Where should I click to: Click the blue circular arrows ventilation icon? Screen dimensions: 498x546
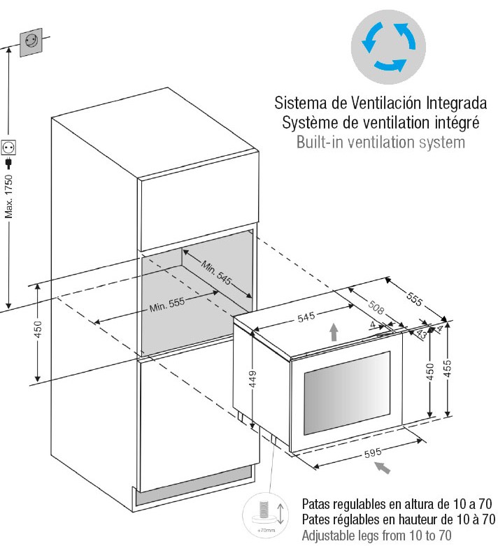pyautogui.click(x=388, y=47)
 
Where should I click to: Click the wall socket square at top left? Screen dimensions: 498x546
pyautogui.click(x=31, y=42)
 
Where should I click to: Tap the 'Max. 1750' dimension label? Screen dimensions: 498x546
pyautogui.click(x=8, y=196)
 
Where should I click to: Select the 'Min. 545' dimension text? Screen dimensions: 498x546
pyautogui.click(x=216, y=273)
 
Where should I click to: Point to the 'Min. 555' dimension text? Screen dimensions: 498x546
pyautogui.click(x=167, y=305)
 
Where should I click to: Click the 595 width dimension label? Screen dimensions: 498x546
pyautogui.click(x=373, y=453)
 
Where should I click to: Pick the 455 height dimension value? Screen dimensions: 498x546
pyautogui.click(x=447, y=368)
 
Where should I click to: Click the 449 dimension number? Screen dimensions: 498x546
pyautogui.click(x=252, y=379)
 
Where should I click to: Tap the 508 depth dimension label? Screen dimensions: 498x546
pyautogui.click(x=376, y=306)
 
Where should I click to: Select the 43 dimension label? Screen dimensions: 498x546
pyautogui.click(x=421, y=333)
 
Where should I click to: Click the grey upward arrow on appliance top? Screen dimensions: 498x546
pyautogui.click(x=334, y=332)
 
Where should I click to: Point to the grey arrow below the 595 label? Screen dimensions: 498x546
pyautogui.click(x=382, y=467)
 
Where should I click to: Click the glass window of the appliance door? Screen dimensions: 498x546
pyautogui.click(x=347, y=393)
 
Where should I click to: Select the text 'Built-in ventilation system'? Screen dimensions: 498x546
pyautogui.click(x=380, y=142)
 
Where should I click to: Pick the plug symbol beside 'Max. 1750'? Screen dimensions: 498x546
pyautogui.click(x=8, y=163)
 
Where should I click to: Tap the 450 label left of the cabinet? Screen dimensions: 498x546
pyautogui.click(x=38, y=329)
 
